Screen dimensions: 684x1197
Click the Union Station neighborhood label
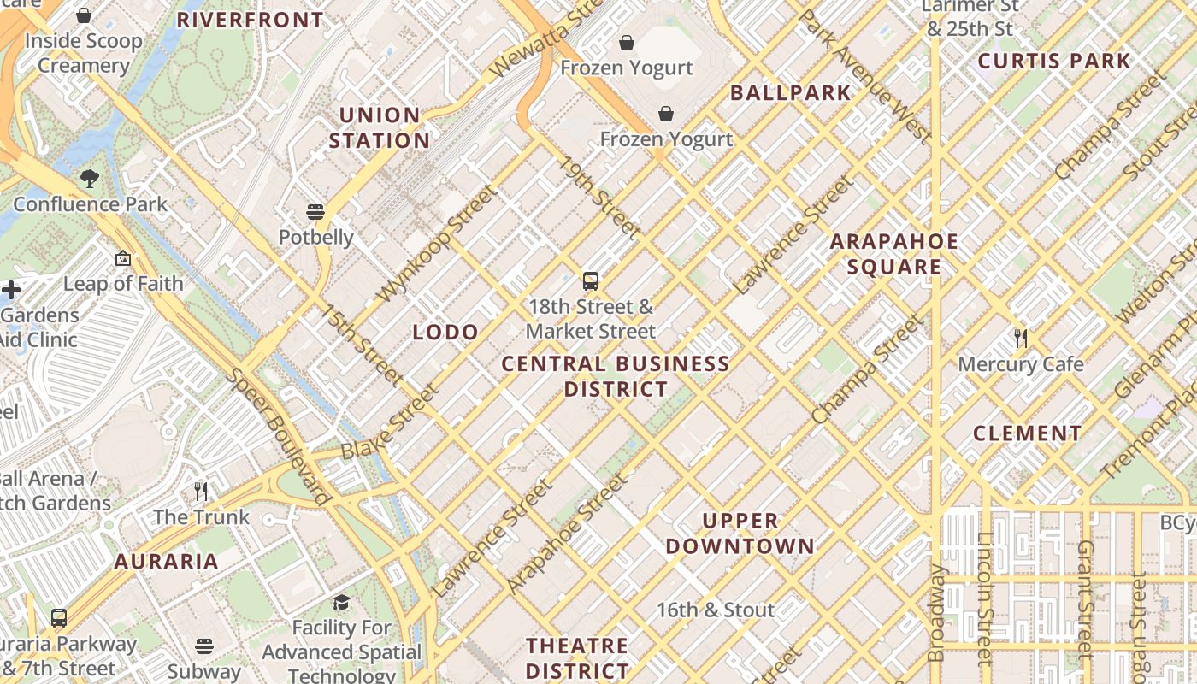tap(380, 127)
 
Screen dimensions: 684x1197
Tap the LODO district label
tap(445, 333)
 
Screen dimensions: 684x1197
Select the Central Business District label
tap(616, 376)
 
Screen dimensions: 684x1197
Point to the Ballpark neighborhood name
tap(791, 93)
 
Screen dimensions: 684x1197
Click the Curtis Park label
tap(1054, 62)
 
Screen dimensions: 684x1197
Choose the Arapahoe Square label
tap(894, 254)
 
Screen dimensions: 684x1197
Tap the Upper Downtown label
tap(740, 533)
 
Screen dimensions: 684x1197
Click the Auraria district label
tap(167, 562)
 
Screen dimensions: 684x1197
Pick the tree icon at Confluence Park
tap(90, 179)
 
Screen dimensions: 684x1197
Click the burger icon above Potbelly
tap(315, 211)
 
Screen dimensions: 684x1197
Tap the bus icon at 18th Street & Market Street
tap(590, 280)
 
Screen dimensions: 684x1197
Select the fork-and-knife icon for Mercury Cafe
tap(1020, 339)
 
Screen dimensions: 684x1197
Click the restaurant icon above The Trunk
tap(201, 491)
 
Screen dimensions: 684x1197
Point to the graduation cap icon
tap(341, 602)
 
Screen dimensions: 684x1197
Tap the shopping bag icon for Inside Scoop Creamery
tap(84, 15)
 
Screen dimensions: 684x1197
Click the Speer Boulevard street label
tap(279, 436)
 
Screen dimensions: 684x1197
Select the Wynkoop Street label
tap(437, 244)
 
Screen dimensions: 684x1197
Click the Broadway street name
tap(937, 612)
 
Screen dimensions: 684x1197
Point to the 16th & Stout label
tap(716, 610)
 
